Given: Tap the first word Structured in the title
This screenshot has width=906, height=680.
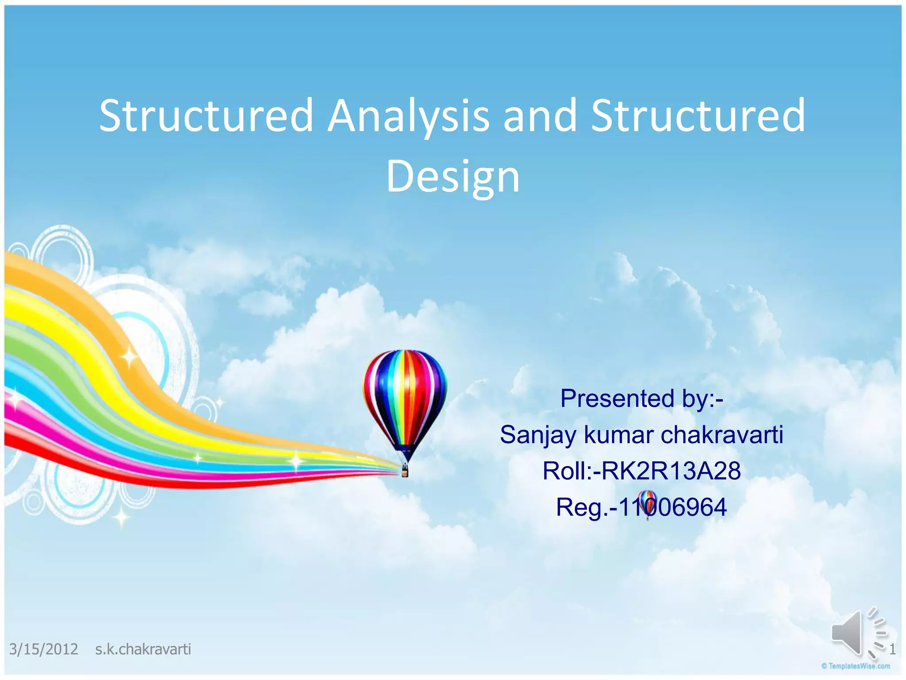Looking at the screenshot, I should point(206,116).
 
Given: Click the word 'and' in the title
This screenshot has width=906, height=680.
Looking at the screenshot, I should point(540,116).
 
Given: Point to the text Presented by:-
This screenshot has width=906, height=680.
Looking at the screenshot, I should point(641,398).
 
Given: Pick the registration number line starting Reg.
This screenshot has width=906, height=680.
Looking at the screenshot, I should point(641,507).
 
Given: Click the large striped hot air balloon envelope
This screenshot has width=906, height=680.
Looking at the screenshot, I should point(405,394).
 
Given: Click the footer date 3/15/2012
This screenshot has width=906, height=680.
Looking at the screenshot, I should point(43,649).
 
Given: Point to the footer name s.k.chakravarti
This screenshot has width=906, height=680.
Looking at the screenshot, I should point(143,649).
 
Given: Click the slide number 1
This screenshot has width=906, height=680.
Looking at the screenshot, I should point(892,649).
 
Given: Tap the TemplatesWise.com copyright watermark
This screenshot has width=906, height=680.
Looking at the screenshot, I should point(856,666).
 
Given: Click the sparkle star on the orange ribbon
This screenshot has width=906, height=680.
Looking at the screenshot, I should point(129,357).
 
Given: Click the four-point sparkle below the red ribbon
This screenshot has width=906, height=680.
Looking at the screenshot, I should point(121,516).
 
